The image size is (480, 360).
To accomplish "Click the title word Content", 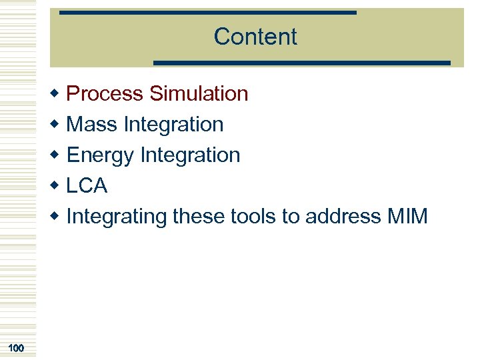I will point(255,37).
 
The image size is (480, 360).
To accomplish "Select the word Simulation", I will point(199,94).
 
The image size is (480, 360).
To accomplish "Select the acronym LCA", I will point(87,186).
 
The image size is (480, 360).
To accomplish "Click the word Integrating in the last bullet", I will point(117,217).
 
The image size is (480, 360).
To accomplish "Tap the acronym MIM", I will point(406,217).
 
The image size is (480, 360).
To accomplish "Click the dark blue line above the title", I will point(208,13).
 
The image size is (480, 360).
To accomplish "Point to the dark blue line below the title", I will point(302,63).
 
